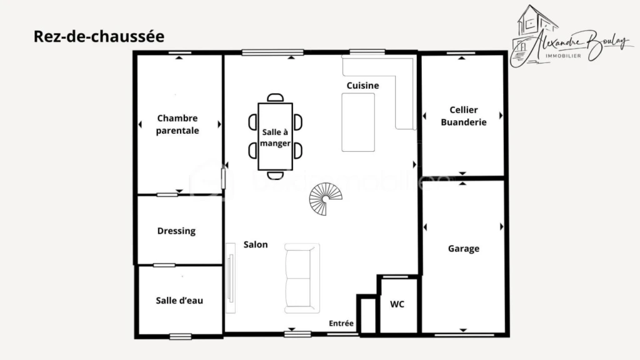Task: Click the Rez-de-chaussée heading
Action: click(x=99, y=36)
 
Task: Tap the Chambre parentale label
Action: click(x=177, y=124)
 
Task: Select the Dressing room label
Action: click(x=176, y=231)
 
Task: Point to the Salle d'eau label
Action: click(x=179, y=301)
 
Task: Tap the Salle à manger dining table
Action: click(x=275, y=136)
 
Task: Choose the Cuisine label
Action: click(x=363, y=86)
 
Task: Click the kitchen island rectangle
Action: click(x=358, y=122)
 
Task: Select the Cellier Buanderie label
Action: click(x=464, y=116)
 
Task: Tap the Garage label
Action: click(x=464, y=249)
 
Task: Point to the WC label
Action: click(x=397, y=304)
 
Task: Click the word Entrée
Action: click(x=341, y=323)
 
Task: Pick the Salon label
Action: click(x=256, y=244)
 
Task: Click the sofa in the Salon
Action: click(x=302, y=278)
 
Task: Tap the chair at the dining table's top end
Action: click(x=275, y=97)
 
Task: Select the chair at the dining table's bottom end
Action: click(x=275, y=176)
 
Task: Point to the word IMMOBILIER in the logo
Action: click(x=563, y=56)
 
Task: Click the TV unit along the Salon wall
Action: click(x=231, y=278)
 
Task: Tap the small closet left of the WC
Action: click(x=368, y=315)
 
